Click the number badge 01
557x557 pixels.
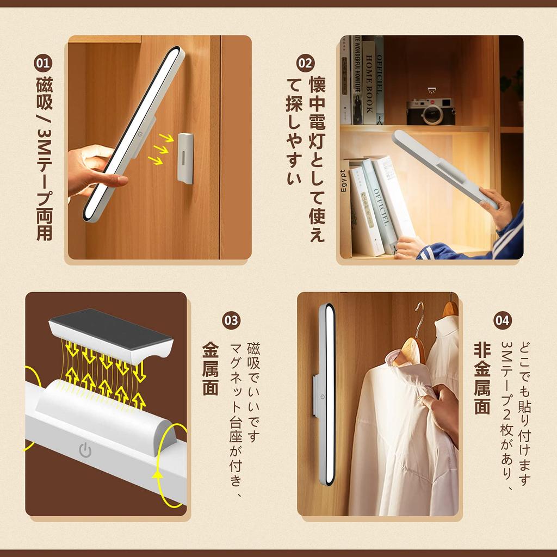tap(43, 63)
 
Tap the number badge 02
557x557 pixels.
tap(305, 63)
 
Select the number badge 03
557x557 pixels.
tap(231, 320)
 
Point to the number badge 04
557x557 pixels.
tap(503, 320)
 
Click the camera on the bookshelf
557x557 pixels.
tap(431, 111)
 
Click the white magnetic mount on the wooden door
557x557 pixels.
tap(185, 158)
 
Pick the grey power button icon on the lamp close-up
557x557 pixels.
tap(85, 450)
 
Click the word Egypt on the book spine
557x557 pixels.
tap(343, 181)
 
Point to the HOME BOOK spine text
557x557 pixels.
tap(369, 84)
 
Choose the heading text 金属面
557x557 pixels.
tap(211, 369)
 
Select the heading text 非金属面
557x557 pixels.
tap(482, 379)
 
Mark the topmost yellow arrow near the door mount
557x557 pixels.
tap(166, 138)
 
